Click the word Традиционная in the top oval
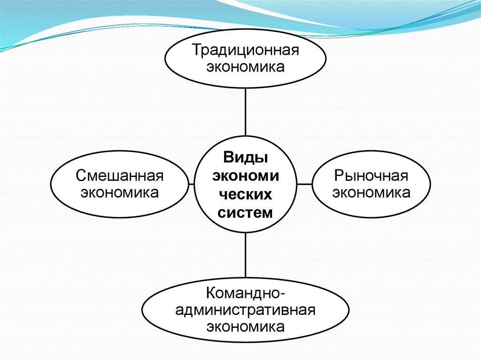tap(245, 50)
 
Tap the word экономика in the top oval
tap(245, 67)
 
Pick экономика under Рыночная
tap(371, 192)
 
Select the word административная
tap(245, 310)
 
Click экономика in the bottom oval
tap(245, 326)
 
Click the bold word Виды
tap(246, 157)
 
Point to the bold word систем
tap(246, 213)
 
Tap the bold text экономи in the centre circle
tap(246, 176)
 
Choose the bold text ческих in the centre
tap(246, 194)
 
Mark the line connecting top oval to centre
tap(246, 113)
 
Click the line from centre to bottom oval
tap(246, 256)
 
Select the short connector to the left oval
tap(191, 184)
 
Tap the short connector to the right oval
tap(304, 184)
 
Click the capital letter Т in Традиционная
tap(194, 50)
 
